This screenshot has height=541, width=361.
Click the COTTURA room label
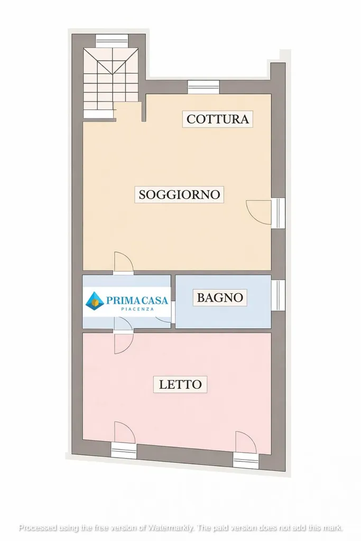(x=217, y=119)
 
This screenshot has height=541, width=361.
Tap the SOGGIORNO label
(x=179, y=194)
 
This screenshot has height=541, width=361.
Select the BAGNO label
(x=220, y=297)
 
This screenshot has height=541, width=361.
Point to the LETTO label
(x=180, y=385)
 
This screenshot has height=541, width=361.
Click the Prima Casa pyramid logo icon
(x=95, y=300)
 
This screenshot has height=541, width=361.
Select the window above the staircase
(x=112, y=41)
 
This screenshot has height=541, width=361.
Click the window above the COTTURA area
(x=203, y=87)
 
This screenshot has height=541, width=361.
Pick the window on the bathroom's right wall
(x=278, y=295)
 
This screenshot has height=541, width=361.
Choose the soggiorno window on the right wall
(x=278, y=213)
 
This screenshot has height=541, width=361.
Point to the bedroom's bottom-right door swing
(x=246, y=442)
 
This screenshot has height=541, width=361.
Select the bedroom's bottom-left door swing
(x=124, y=432)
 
